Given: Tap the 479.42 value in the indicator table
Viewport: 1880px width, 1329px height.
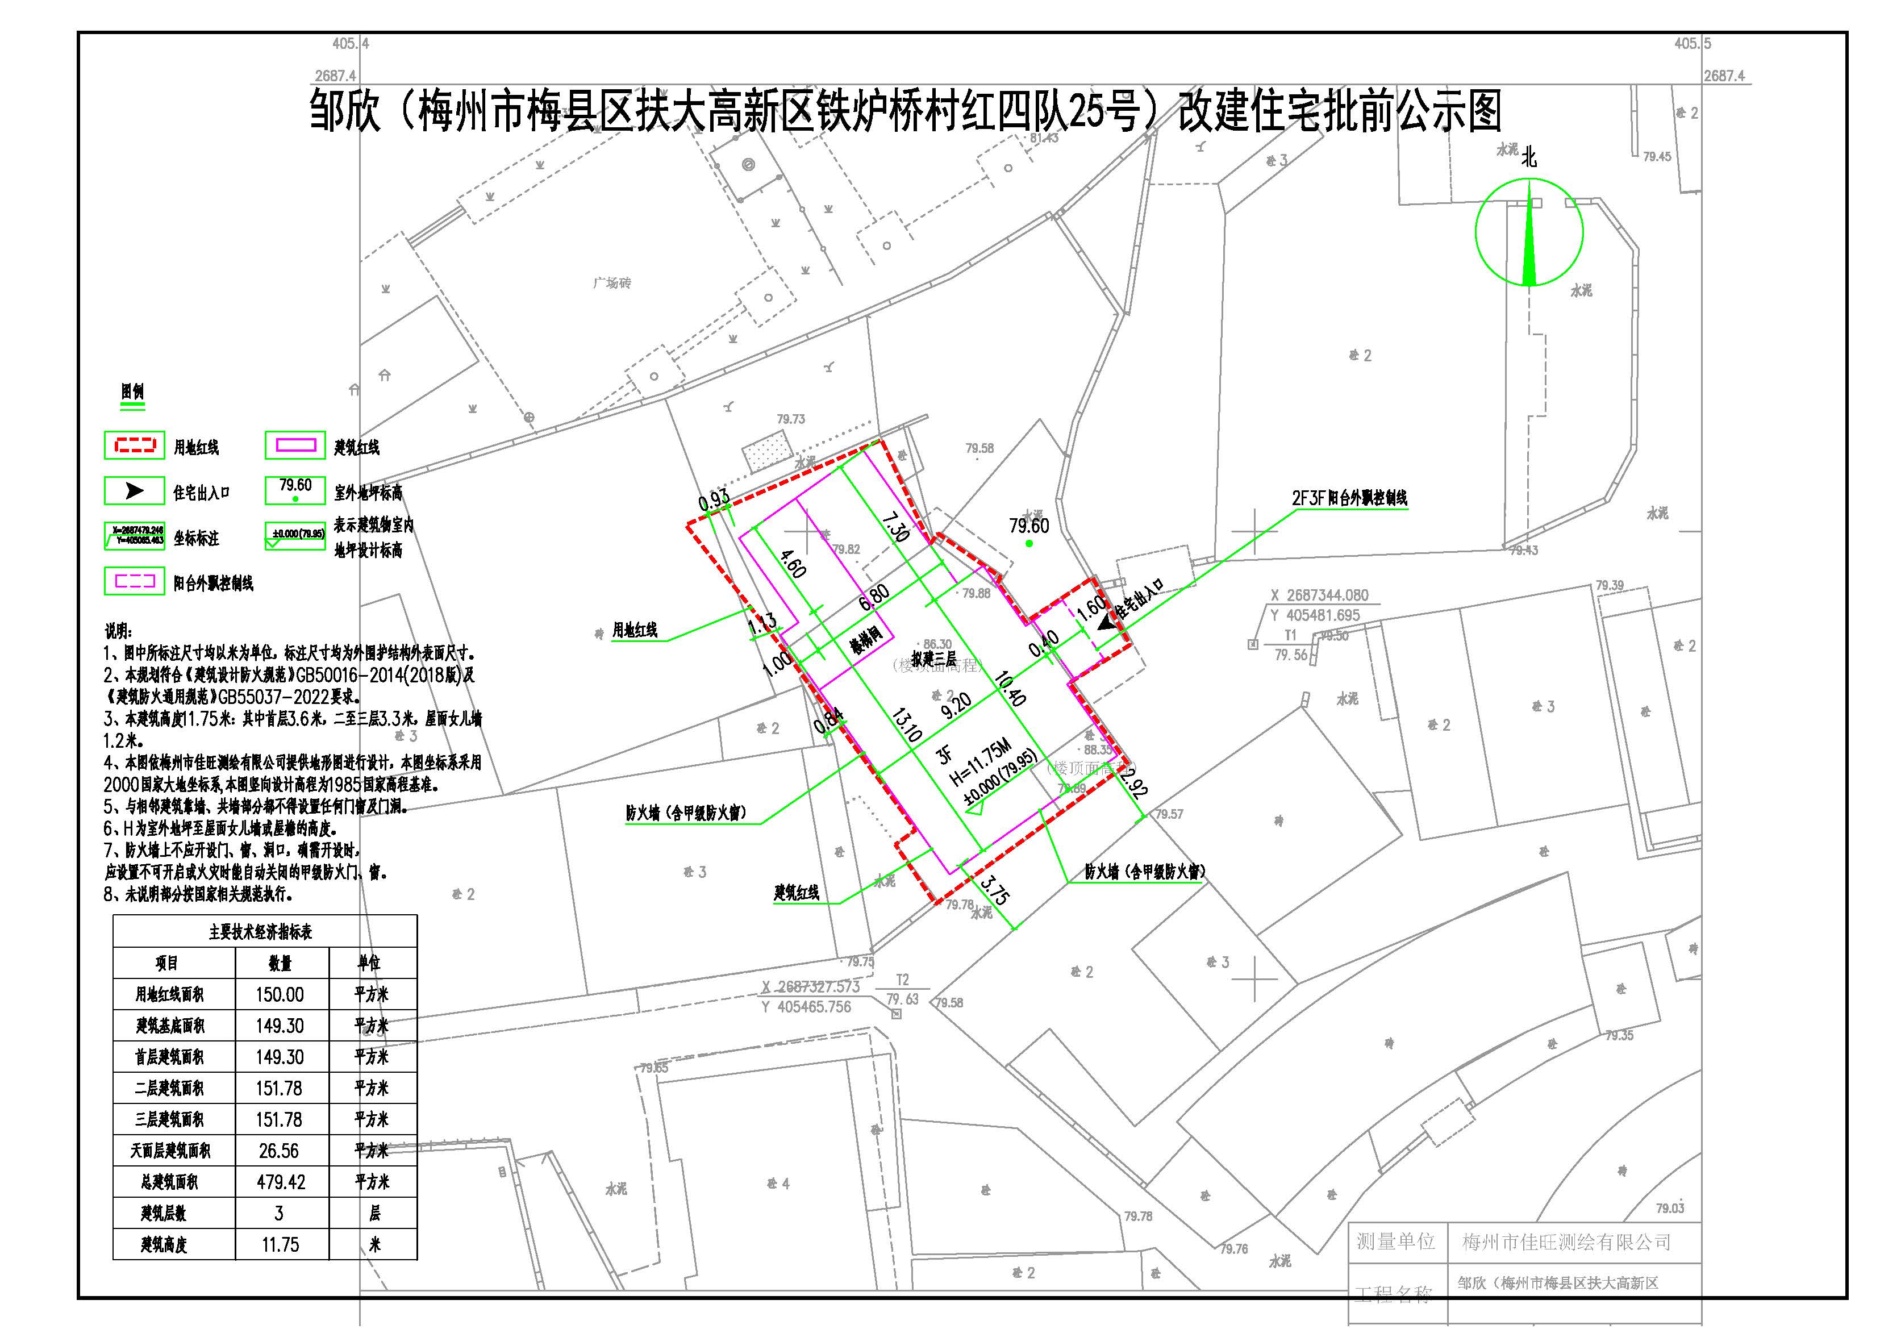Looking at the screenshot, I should [x=280, y=1182].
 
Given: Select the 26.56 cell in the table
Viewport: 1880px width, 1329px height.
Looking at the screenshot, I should [x=278, y=1151].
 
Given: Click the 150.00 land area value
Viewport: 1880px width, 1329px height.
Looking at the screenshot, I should [x=280, y=994].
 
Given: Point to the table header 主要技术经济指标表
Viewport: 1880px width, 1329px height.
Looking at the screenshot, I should [x=260, y=932].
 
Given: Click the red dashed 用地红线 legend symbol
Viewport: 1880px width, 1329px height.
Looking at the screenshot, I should [x=134, y=446].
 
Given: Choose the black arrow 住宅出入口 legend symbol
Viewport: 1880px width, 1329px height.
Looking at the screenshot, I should [x=134, y=491].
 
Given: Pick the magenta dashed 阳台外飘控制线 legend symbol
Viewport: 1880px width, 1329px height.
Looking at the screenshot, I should [x=134, y=581].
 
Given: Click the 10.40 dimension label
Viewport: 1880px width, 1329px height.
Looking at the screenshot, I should [x=1012, y=688].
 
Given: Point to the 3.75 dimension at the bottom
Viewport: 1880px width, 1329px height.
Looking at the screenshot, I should [x=995, y=891].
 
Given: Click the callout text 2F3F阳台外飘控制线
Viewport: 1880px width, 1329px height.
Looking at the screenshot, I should [x=1349, y=498].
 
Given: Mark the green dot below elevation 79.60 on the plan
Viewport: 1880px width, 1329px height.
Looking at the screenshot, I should [x=1029, y=543].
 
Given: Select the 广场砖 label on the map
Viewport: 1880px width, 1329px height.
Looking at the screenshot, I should [x=612, y=284].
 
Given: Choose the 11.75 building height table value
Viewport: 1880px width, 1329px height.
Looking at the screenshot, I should [x=280, y=1245].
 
